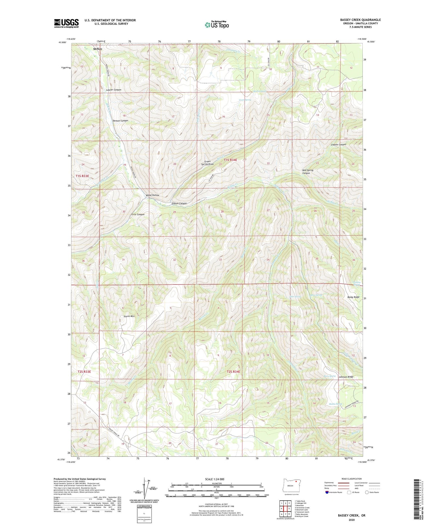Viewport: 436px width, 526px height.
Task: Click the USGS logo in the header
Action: (66, 23)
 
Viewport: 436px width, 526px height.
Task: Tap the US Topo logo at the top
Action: (216, 24)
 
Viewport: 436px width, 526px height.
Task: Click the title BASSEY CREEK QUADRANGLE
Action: (360, 20)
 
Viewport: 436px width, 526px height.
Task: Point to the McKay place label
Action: (97, 49)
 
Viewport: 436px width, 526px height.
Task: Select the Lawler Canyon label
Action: (113, 90)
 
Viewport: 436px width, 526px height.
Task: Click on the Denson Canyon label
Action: (120, 121)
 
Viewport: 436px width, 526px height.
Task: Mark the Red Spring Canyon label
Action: (307, 172)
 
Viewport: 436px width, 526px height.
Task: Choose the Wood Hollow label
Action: (152, 195)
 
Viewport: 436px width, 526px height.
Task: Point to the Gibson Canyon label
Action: (179, 203)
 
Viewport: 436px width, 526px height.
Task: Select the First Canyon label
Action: (138, 214)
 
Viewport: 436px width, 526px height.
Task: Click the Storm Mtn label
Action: (129, 316)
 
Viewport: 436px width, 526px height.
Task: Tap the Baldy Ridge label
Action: (353, 297)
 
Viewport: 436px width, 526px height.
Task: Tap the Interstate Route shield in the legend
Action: (327, 492)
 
